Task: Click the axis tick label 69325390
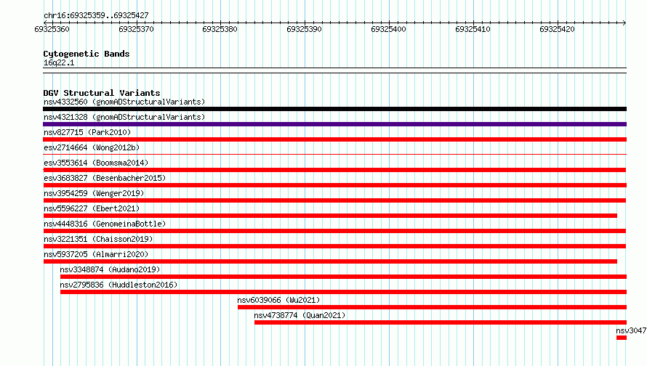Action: tap(304, 29)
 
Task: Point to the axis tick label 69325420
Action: tap(557, 29)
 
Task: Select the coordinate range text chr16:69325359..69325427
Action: tap(96, 16)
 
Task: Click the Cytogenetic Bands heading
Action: tap(87, 54)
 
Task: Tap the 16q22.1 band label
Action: tap(59, 62)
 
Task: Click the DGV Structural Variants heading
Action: tap(102, 93)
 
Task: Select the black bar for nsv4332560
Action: tap(334, 109)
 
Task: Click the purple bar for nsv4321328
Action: tap(334, 124)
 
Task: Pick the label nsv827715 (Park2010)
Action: tap(87, 132)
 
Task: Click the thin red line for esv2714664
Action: tap(334, 155)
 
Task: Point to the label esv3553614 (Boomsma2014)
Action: tap(96, 163)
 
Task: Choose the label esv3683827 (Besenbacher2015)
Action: tap(105, 178)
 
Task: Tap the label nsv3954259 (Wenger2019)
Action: tap(94, 193)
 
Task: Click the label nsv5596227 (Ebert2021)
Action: tap(92, 208)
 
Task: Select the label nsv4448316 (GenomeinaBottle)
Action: tap(105, 224)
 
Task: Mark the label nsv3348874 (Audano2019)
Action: tap(110, 269)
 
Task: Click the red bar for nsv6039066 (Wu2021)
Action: tap(432, 307)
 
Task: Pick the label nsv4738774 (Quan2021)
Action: tap(300, 315)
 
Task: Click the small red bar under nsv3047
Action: tap(622, 338)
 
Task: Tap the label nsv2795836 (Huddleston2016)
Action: tap(118, 285)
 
